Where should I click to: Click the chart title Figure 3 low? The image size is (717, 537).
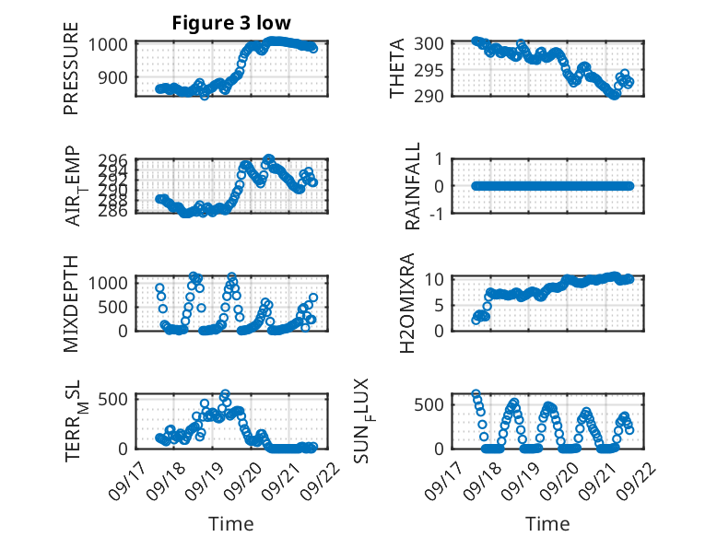click(x=231, y=23)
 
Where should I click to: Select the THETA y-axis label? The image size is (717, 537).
click(x=397, y=68)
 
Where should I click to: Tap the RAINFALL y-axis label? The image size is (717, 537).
click(x=414, y=185)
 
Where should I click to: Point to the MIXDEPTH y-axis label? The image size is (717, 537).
click(x=71, y=302)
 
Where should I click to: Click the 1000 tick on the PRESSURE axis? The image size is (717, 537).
click(x=111, y=43)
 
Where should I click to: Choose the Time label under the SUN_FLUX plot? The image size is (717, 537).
click(x=547, y=523)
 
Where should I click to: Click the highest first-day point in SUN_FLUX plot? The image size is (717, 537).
click(x=476, y=394)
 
